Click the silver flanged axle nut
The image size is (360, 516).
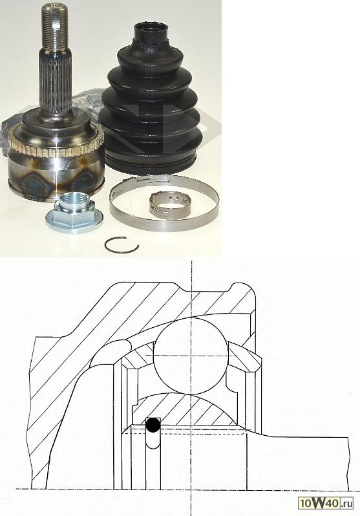point(74,213)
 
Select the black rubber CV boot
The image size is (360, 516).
point(150,99)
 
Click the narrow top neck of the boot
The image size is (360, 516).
point(151,32)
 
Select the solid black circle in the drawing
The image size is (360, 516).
point(153,425)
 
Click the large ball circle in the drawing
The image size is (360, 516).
point(191,356)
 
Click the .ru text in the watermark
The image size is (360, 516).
point(346,504)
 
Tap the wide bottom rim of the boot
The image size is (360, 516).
point(150,163)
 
